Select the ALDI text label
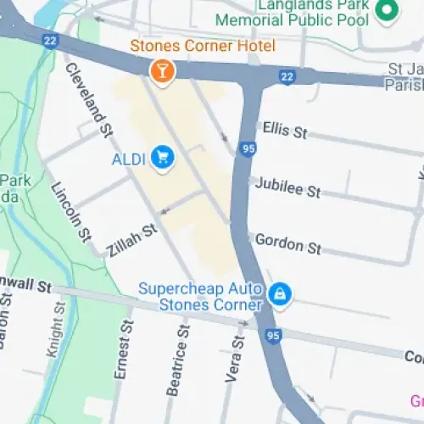(129, 158)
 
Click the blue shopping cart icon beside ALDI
(164, 157)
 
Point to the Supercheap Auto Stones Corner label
(200, 296)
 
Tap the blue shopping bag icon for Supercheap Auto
(278, 295)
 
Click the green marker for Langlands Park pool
(387, 11)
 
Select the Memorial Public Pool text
(293, 19)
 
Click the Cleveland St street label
(89, 99)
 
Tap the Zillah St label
(132, 241)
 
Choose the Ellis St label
(285, 130)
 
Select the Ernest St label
(124, 348)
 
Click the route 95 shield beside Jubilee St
(248, 150)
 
